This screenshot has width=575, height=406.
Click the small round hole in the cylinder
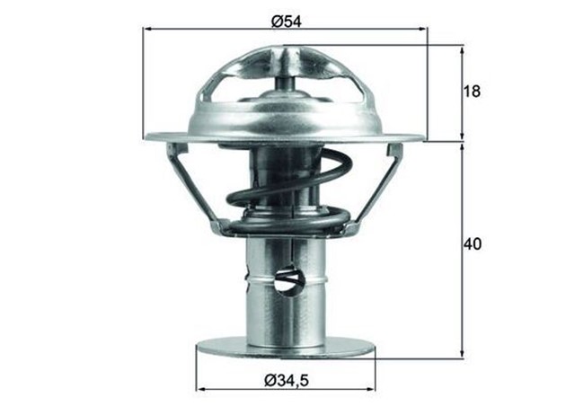(x=289, y=283)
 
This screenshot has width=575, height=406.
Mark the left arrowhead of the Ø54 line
(x=147, y=29)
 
